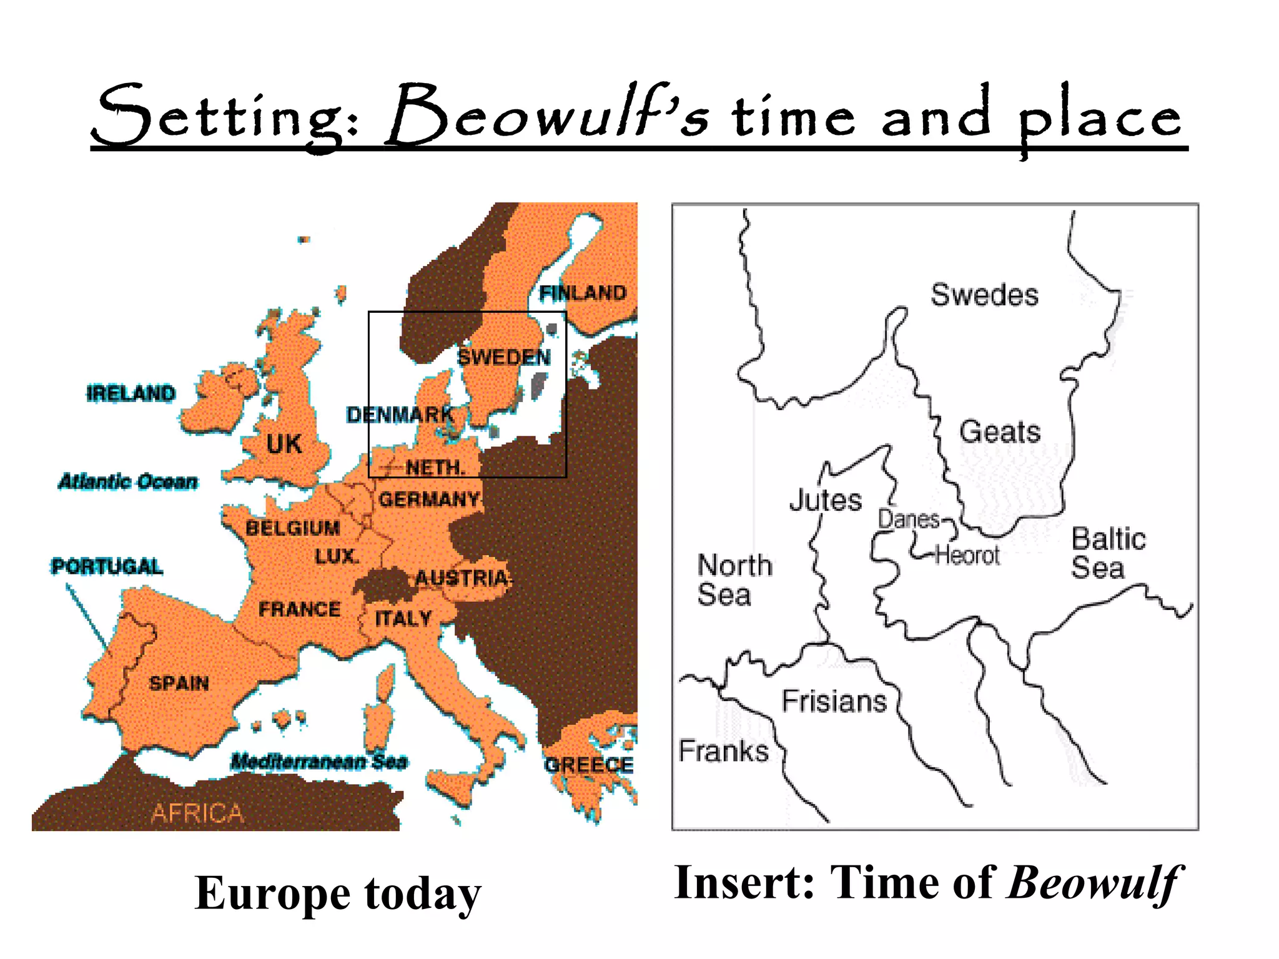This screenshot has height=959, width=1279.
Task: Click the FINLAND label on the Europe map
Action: point(582,293)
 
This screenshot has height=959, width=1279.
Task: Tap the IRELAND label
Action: point(131,393)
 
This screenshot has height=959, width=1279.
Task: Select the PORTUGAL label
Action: point(107,566)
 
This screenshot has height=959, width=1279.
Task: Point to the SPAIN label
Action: point(179,683)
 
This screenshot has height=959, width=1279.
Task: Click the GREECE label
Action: point(588,765)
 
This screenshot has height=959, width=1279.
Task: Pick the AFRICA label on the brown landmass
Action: point(197,813)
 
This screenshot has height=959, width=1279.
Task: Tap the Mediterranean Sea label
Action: point(319,762)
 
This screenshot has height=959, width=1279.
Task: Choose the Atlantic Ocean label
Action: point(128,481)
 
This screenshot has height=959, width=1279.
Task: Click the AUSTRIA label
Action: point(462,578)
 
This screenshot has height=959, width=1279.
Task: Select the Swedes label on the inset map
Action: point(984,295)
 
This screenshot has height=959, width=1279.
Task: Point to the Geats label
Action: point(1000,432)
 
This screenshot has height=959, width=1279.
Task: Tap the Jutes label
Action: point(825,500)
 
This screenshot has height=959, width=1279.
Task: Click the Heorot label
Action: point(967,554)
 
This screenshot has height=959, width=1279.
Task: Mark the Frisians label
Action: point(834,701)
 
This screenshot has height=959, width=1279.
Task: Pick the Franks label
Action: point(723,751)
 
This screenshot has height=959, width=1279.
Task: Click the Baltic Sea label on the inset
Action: point(1108,553)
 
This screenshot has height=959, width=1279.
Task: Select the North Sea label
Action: point(734,580)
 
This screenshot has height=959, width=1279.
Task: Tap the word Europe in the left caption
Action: point(272,893)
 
